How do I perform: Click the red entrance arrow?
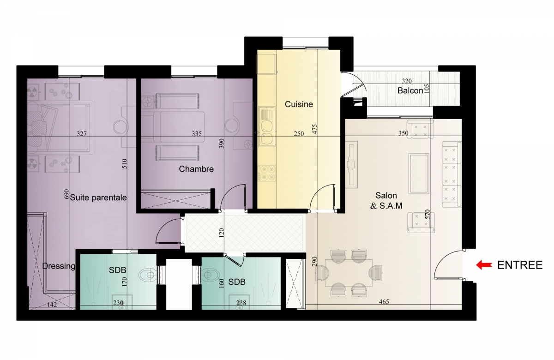point(484,265)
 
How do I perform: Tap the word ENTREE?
point(520,265)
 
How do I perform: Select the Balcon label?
point(410,90)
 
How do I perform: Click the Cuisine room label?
point(299,104)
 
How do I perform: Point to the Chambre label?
point(196,169)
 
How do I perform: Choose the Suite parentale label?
point(98,198)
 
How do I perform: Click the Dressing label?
point(59,266)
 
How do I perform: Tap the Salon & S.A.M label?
point(386,200)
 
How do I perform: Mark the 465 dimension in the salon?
point(384,302)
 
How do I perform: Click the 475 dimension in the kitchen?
point(314,129)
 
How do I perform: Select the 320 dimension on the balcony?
point(407,81)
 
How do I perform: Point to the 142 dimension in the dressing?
point(52,305)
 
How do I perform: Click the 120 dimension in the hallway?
point(221,233)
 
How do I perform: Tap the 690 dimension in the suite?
point(66,194)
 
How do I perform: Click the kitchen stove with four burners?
point(267,173)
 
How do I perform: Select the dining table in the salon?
point(349,272)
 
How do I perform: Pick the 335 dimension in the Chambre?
point(197,134)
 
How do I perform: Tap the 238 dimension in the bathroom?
point(241,303)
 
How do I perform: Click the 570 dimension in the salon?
point(428,214)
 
